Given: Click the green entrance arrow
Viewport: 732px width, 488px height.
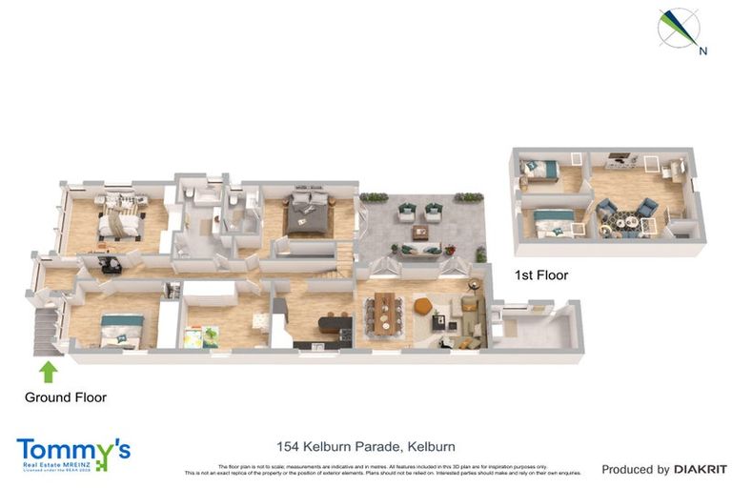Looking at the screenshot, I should pyautogui.click(x=48, y=370).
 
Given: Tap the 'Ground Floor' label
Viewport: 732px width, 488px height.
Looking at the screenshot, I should pyautogui.click(x=65, y=397).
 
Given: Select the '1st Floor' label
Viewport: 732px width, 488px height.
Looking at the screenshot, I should pyautogui.click(x=540, y=275).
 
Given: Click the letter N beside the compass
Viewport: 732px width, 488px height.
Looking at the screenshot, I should pyautogui.click(x=702, y=51).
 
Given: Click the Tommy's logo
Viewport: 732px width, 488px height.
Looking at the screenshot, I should pyautogui.click(x=73, y=455).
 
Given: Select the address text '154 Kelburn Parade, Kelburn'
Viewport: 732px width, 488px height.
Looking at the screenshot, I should pyautogui.click(x=365, y=446).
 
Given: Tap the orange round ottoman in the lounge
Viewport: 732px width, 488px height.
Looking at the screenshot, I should pyautogui.click(x=422, y=306).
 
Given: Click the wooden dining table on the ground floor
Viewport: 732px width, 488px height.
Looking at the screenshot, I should pyautogui.click(x=384, y=312).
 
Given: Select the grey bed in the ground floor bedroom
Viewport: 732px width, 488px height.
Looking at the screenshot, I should pyautogui.click(x=308, y=213).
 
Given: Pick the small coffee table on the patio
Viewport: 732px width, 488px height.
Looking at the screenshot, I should pyautogui.click(x=419, y=231).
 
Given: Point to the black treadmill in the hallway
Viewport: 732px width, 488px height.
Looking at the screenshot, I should pyautogui.click(x=104, y=262).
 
